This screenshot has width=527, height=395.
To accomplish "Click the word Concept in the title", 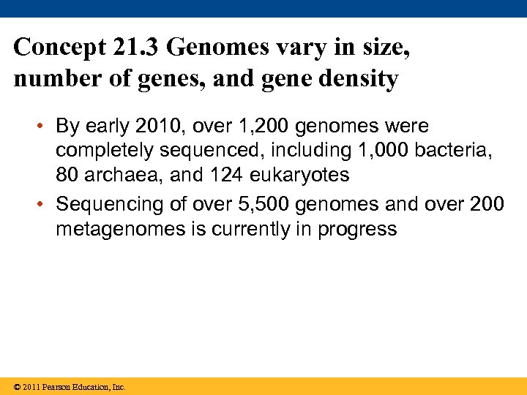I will [x=60, y=48].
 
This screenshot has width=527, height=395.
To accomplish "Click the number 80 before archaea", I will [x=68, y=176].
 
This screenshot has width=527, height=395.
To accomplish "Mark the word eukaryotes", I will [x=299, y=176].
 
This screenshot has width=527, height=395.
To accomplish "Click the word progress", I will [x=357, y=229].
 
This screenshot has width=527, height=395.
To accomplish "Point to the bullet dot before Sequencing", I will [x=44, y=204].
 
